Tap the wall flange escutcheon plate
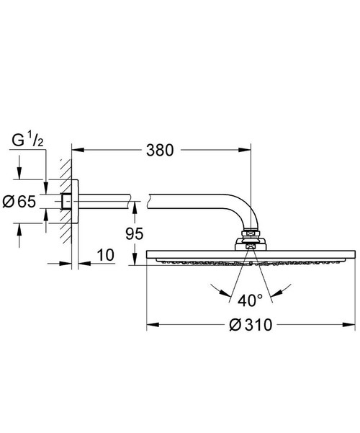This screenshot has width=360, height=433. pyautogui.click(x=76, y=202)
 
